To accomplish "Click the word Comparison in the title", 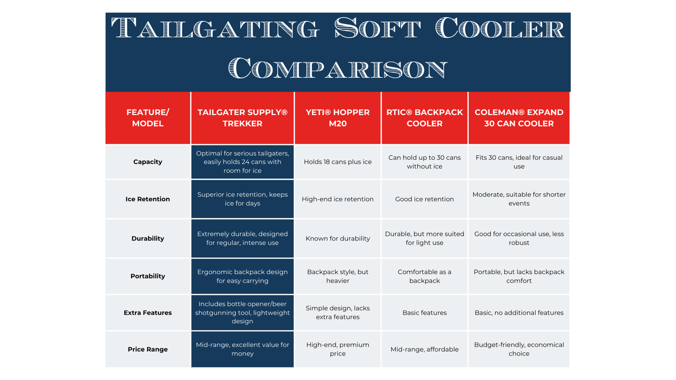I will [338, 68].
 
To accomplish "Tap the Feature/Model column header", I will [148, 118].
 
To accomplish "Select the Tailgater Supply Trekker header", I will [242, 118].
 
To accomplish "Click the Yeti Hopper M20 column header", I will [338, 118].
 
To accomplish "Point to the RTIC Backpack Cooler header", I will [424, 118].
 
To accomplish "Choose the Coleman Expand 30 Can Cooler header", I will [519, 118].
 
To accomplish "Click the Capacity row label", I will [148, 162].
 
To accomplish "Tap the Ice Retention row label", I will [148, 199].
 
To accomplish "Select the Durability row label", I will [148, 238].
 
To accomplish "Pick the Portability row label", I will [148, 276].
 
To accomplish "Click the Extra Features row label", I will [148, 313].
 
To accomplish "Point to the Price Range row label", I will [148, 349].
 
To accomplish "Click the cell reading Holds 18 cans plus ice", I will [338, 162].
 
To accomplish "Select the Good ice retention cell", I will [424, 199].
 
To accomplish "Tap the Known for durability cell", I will [338, 238].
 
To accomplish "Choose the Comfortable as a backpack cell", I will [424, 276].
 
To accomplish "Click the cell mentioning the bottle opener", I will [242, 313].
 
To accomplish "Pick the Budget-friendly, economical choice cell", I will [519, 349].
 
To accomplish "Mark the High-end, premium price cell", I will [338, 349].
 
